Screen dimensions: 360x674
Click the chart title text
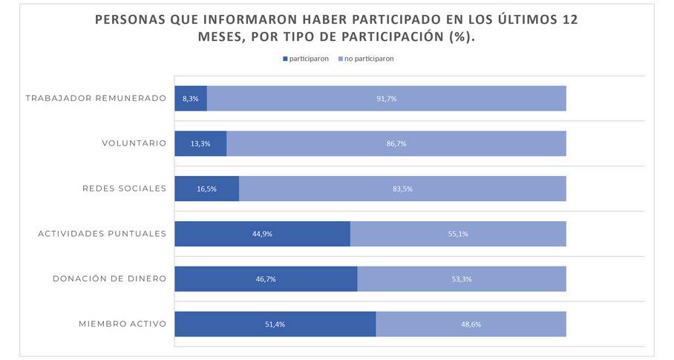point(336,28)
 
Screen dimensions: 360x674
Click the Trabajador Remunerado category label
point(96,98)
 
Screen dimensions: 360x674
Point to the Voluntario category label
point(134,143)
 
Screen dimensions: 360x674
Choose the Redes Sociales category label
point(124,189)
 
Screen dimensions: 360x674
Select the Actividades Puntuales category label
point(102,234)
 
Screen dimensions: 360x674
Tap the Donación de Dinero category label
point(109,279)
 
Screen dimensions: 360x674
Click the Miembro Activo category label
point(122,324)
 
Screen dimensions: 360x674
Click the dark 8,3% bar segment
point(191,99)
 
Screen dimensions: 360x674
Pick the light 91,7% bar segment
point(386,99)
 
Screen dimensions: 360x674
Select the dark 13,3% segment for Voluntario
point(200,144)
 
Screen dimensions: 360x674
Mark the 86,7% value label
point(396,144)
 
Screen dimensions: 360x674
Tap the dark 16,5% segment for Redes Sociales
point(206,189)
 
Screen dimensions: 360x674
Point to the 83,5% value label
point(402,189)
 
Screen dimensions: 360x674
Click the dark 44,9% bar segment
point(262,234)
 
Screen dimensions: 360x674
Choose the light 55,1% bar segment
point(458,234)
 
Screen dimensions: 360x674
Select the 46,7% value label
point(266,279)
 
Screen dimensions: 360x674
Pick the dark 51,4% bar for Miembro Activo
point(275,324)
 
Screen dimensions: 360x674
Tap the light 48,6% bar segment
point(471,324)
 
